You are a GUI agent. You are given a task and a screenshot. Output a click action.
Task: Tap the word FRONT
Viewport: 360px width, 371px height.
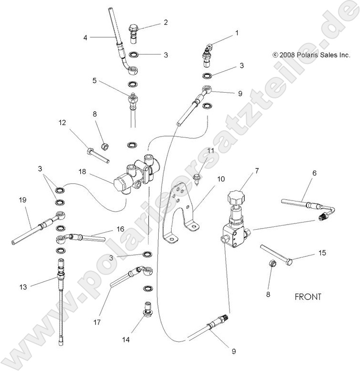(308, 297)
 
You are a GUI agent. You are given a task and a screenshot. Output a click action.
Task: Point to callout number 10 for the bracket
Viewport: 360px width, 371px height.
(220, 179)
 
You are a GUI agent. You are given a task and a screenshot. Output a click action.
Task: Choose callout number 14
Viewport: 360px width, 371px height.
(125, 339)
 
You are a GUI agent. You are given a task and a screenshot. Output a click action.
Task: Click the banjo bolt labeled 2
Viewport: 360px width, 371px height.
(135, 32)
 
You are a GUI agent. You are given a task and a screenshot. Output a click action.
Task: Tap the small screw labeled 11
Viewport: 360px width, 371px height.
(197, 177)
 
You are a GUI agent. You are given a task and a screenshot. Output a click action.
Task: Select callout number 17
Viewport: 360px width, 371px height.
(98, 322)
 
